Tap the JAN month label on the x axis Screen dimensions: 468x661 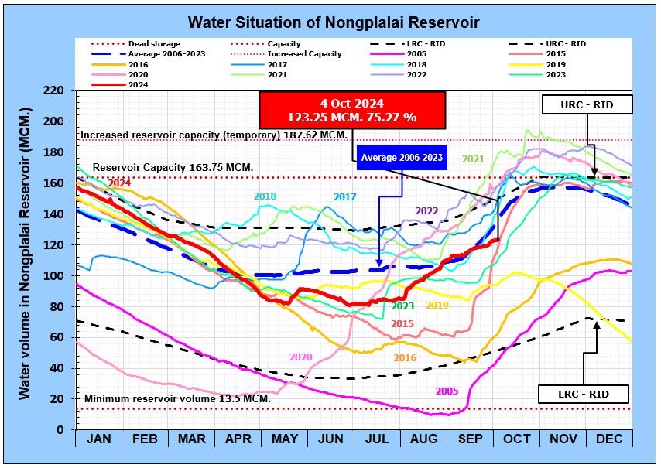[98, 439]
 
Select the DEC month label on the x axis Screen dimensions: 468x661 [610, 439]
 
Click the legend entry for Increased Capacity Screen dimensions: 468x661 [304, 54]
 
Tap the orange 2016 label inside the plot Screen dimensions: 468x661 [406, 358]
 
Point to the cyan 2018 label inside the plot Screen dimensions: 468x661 [265, 196]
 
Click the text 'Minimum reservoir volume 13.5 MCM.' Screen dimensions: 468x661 [177, 398]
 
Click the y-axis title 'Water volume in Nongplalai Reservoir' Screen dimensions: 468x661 [26, 260]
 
